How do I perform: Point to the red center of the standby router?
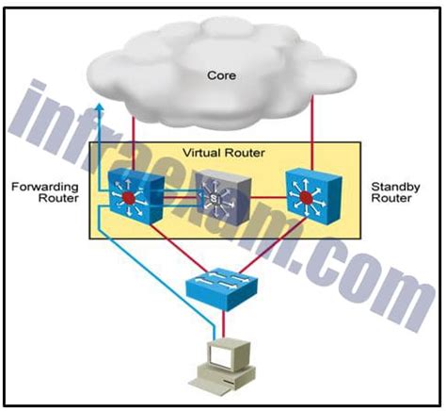[x=303, y=199]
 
